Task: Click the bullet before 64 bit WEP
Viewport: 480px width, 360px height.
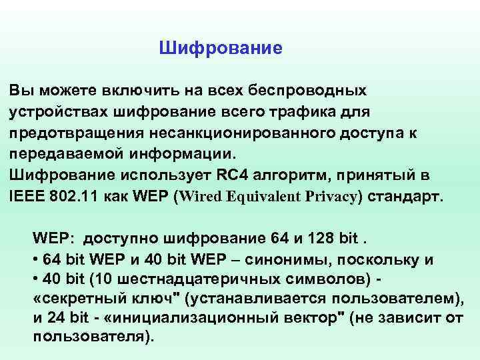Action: click(35, 260)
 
